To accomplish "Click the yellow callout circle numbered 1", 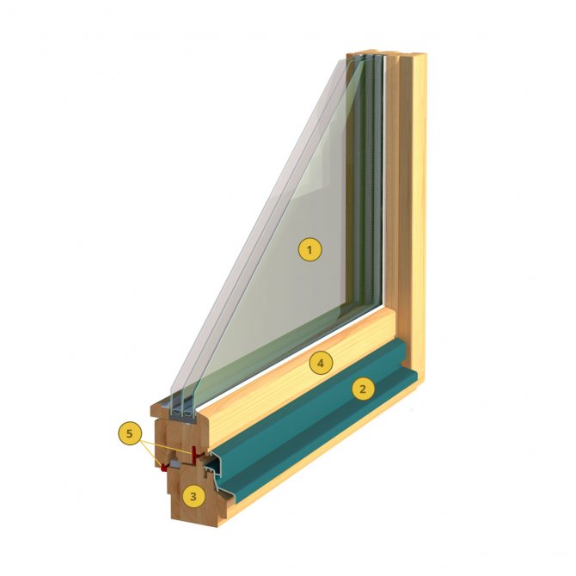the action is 309,250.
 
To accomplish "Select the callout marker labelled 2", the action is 363,389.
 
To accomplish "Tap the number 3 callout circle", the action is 193,497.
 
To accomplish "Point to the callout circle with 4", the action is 321,364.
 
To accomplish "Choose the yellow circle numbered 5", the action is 129,434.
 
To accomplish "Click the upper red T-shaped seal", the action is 197,455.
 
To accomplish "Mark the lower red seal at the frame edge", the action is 164,467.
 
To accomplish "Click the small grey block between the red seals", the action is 175,465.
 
